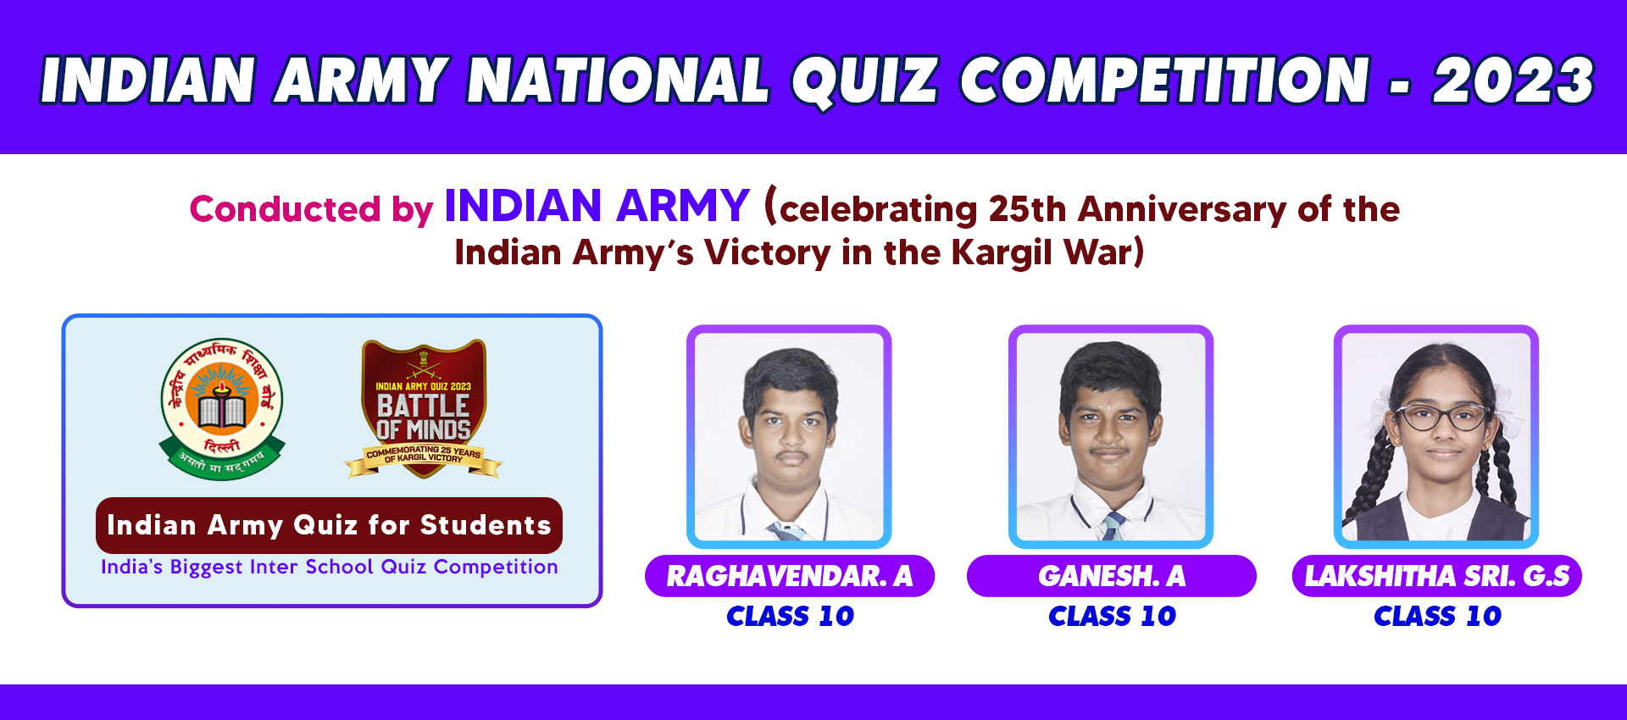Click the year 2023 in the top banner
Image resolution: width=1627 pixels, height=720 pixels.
1513,80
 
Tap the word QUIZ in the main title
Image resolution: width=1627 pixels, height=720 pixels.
864,81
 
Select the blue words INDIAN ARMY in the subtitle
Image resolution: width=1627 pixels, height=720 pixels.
597,206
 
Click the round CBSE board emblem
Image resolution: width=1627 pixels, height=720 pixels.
222,408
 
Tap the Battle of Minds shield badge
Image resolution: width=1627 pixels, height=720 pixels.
424,408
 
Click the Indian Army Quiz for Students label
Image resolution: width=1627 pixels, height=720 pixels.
329,525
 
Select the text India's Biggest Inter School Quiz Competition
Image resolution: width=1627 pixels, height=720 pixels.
330,567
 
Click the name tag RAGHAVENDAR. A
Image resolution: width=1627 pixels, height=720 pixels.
790,576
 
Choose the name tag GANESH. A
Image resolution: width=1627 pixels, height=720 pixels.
1112,576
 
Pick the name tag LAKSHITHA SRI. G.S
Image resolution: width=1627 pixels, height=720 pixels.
1437,576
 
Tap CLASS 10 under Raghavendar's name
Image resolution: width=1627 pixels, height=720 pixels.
790,616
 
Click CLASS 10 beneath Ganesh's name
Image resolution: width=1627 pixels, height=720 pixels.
1112,616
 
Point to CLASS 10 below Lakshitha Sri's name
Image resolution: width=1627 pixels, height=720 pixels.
1437,616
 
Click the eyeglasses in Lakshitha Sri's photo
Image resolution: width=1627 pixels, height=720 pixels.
1441,416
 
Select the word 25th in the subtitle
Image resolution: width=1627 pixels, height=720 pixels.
1027,208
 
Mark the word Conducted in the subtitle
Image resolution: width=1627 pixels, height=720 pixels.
285,208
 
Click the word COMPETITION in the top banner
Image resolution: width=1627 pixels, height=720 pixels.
1164,80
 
